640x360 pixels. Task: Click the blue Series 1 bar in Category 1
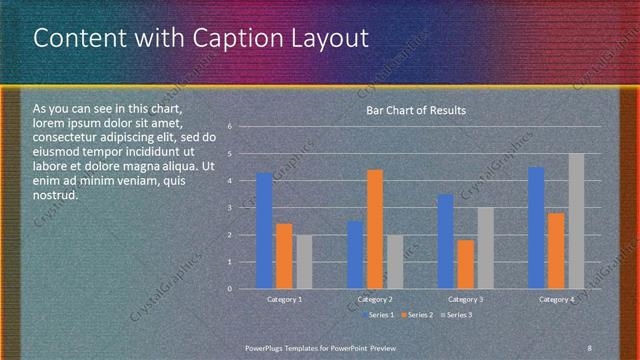click(264, 231)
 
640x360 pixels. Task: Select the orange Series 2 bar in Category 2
click(375, 229)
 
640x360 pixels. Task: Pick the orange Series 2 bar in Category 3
click(465, 264)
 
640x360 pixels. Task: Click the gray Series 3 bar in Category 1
click(304, 262)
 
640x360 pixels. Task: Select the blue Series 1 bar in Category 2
click(355, 255)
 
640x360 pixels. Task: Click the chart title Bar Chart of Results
click(416, 110)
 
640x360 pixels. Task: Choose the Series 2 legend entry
click(417, 315)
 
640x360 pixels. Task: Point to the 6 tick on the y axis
click(230, 127)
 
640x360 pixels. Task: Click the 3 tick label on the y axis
click(230, 208)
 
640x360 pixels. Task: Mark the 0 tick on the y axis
click(230, 289)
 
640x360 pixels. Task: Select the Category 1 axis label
click(284, 299)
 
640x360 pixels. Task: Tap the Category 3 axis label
click(466, 299)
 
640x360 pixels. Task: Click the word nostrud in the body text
click(55, 195)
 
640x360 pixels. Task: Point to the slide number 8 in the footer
click(590, 347)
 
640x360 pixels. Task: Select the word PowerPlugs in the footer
click(266, 347)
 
